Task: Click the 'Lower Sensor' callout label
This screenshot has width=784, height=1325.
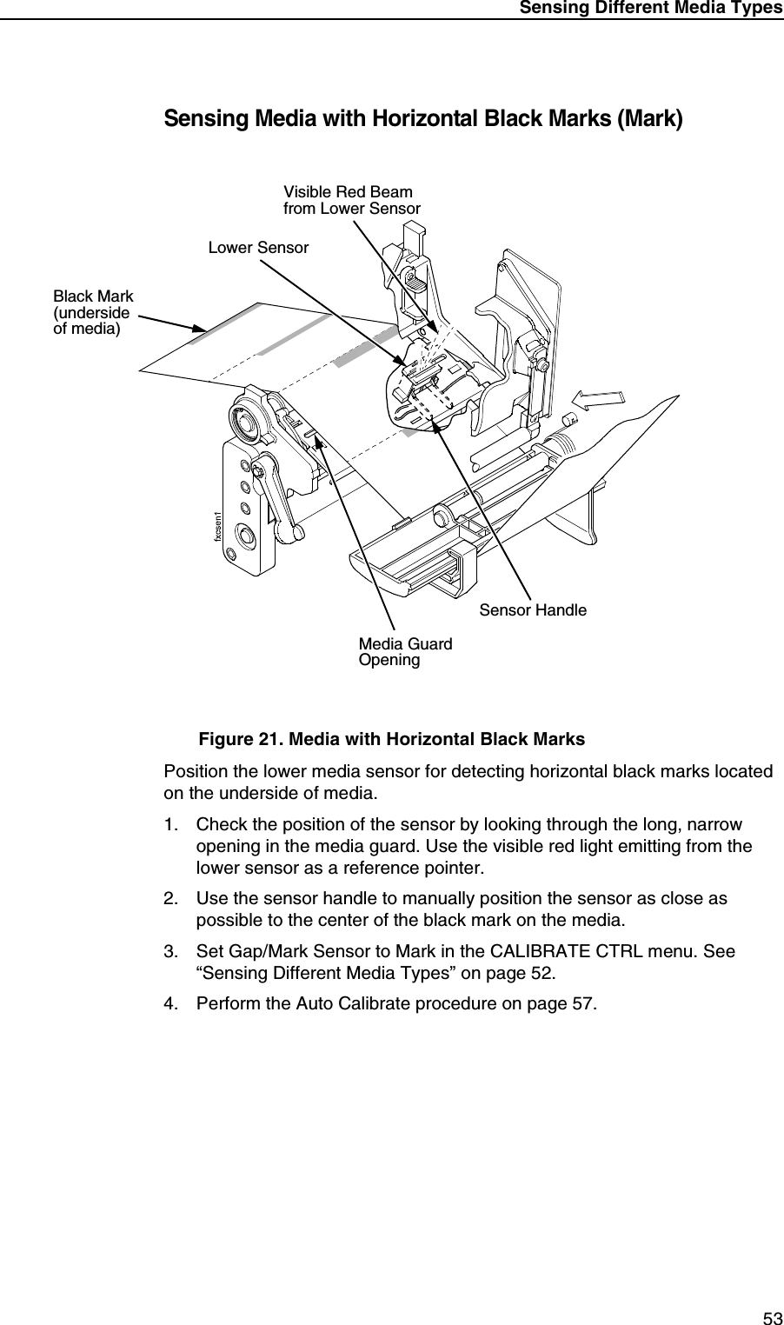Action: [x=258, y=248]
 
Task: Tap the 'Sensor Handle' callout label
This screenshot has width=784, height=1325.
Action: [x=533, y=610]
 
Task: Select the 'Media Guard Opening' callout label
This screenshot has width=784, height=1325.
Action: [x=405, y=652]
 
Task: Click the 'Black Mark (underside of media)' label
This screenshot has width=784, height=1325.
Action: [x=93, y=313]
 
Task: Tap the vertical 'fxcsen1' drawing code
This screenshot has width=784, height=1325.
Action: [x=220, y=527]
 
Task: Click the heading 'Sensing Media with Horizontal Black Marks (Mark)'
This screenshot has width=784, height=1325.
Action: [x=423, y=119]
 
